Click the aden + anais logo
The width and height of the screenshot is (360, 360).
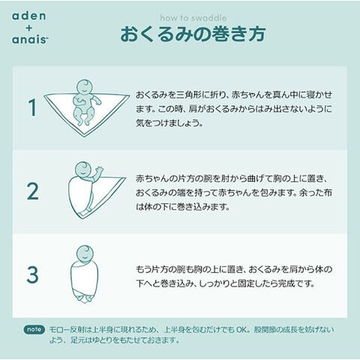(30, 28)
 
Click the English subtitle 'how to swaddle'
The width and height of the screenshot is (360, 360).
(193, 18)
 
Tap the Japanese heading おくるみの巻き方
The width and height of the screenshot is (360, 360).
(193, 34)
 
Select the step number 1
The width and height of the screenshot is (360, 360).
(33, 107)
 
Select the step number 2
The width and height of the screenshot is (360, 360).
(33, 191)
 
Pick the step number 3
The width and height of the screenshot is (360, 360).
(33, 274)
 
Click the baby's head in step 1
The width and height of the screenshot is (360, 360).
(84, 87)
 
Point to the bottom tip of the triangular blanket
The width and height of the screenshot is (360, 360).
(84, 136)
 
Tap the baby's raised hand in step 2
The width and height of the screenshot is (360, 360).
(99, 170)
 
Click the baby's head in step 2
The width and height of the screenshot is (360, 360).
(83, 169)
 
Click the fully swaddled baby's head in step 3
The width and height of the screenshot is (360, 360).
(85, 253)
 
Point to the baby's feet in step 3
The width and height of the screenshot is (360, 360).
(85, 298)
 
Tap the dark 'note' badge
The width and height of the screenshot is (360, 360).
(34, 329)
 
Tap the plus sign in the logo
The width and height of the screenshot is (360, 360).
(29, 28)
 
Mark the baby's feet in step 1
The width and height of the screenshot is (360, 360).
(82, 122)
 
